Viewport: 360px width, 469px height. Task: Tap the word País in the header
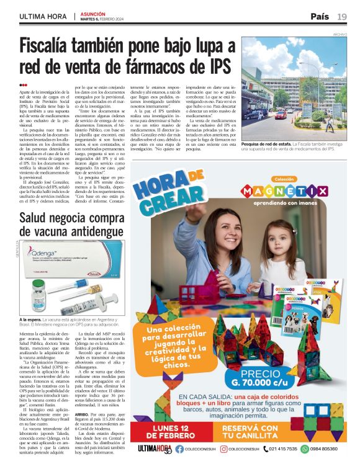click(320, 16)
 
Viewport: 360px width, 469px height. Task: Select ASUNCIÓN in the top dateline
click(92, 12)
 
